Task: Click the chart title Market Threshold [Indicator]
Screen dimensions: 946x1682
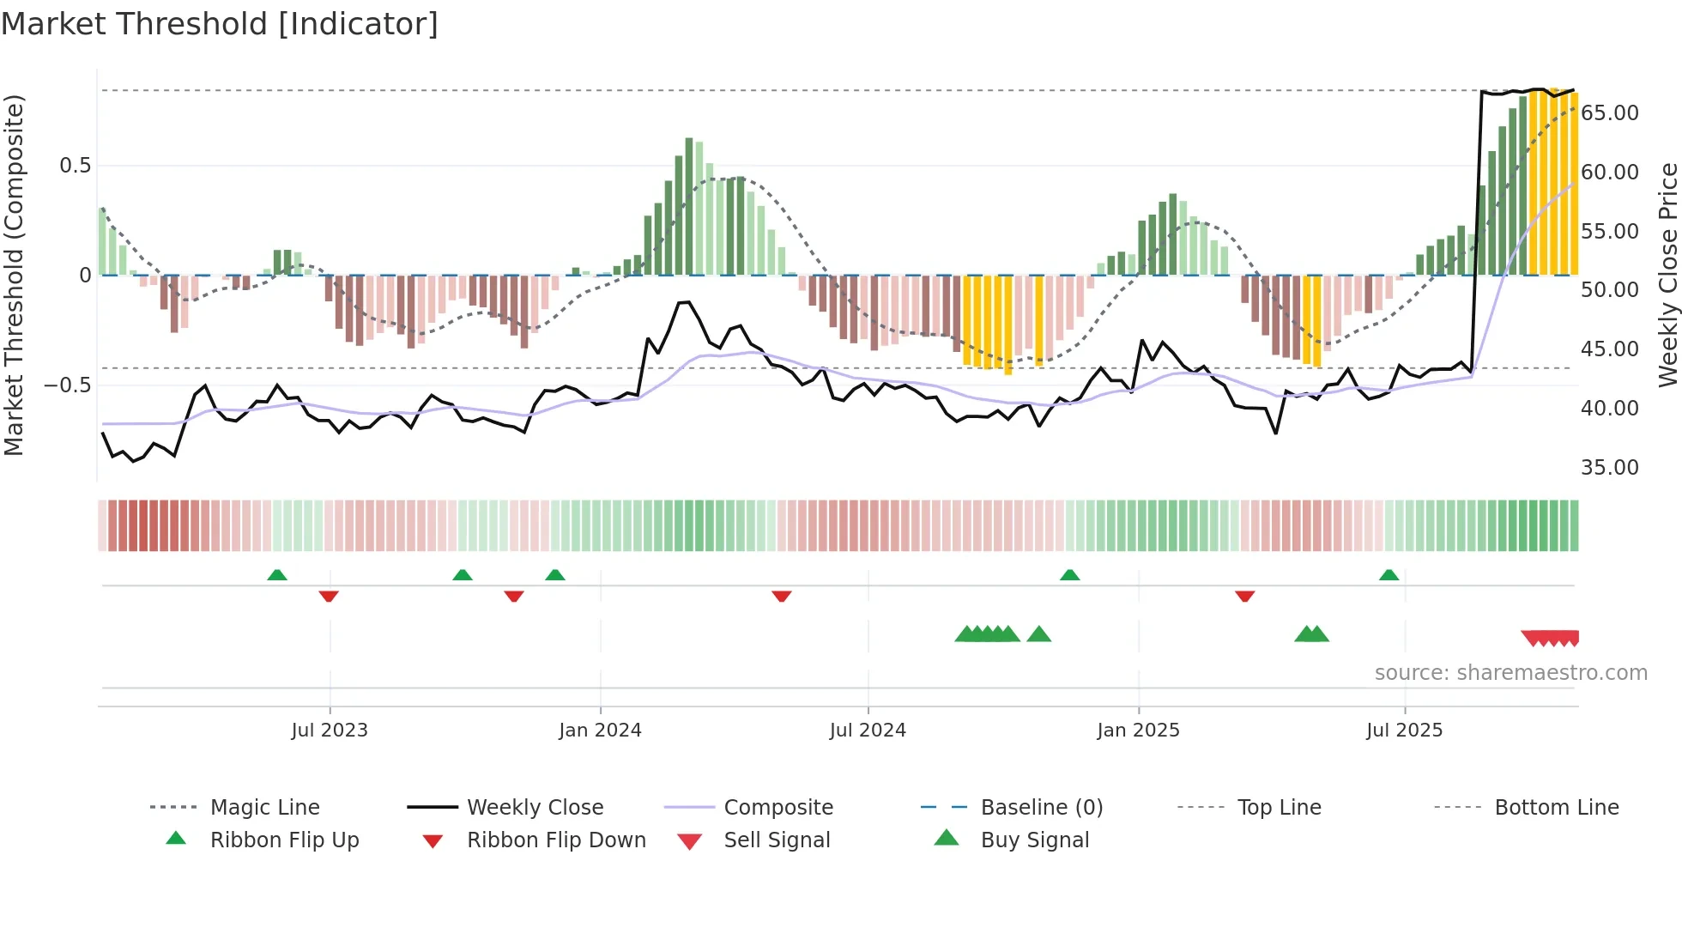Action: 220,24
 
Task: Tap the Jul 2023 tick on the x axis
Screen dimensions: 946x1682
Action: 330,731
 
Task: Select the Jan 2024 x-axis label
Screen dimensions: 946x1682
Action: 600,731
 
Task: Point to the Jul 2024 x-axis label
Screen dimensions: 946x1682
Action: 868,731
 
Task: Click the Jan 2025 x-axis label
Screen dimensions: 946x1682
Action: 1138,731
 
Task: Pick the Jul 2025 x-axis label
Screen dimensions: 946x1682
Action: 1404,731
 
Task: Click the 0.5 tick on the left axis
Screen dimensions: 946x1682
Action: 76,166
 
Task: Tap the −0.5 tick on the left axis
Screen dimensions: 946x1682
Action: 68,385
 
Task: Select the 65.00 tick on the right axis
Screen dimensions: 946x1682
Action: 1610,113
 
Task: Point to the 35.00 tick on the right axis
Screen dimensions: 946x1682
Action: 1610,468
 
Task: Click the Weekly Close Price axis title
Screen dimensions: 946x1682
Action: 1667,275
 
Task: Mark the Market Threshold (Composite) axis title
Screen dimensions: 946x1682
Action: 14,275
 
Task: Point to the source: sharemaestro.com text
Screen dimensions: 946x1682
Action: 1510,673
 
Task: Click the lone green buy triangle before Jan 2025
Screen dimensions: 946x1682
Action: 1038,634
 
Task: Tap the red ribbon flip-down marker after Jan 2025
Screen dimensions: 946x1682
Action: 1244,596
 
